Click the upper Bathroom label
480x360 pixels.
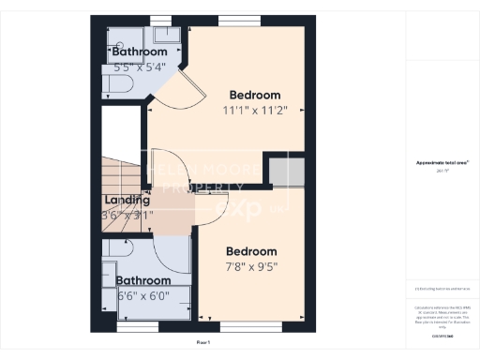click(x=140, y=52)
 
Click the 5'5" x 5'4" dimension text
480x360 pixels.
click(x=140, y=67)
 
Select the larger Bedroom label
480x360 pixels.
click(x=255, y=95)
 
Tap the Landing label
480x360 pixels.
click(x=127, y=200)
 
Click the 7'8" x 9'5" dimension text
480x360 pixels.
click(x=251, y=266)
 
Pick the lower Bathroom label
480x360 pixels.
click(x=143, y=280)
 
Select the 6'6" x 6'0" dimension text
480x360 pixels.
click(x=143, y=296)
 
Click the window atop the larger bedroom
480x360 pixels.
click(x=232, y=21)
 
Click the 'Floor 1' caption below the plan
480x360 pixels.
click(x=203, y=343)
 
